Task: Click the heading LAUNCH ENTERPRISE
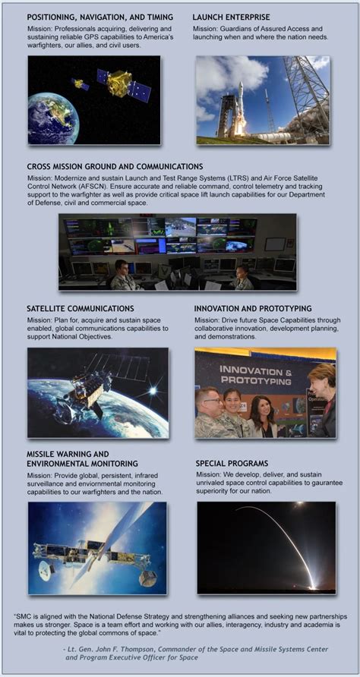point(231,17)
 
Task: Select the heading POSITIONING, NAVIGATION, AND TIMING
point(99,17)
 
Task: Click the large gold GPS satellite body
point(120,83)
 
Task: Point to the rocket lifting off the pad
point(240,108)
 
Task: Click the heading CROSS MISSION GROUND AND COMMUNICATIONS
point(115,166)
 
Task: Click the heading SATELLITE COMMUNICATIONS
point(81,309)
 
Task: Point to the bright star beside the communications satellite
point(152,391)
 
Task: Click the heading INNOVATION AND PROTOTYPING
point(253,309)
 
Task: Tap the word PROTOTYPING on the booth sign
point(256,381)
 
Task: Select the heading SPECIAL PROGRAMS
point(232,464)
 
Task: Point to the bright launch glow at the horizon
point(311,584)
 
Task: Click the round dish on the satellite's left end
point(46,570)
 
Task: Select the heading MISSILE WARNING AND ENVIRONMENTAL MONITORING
point(83,459)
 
